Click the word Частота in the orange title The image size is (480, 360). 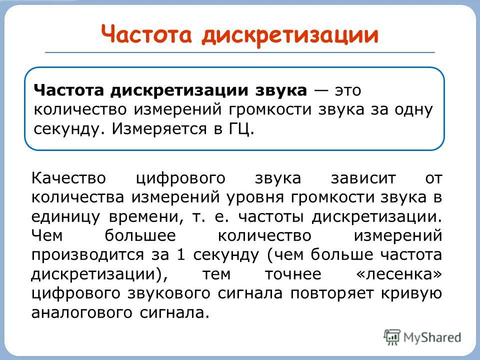pos(146,34)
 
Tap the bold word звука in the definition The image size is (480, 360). pos(281,90)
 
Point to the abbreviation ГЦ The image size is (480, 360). pos(241,129)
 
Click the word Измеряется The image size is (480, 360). pos(159,129)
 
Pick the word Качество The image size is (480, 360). pos(68,178)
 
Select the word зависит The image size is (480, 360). pos(363,178)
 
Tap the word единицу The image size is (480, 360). pos(66,217)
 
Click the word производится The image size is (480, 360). pos(87,255)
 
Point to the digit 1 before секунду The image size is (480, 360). pos(181,254)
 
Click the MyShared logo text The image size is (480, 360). pos(432,337)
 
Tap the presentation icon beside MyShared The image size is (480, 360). pos(392,337)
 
